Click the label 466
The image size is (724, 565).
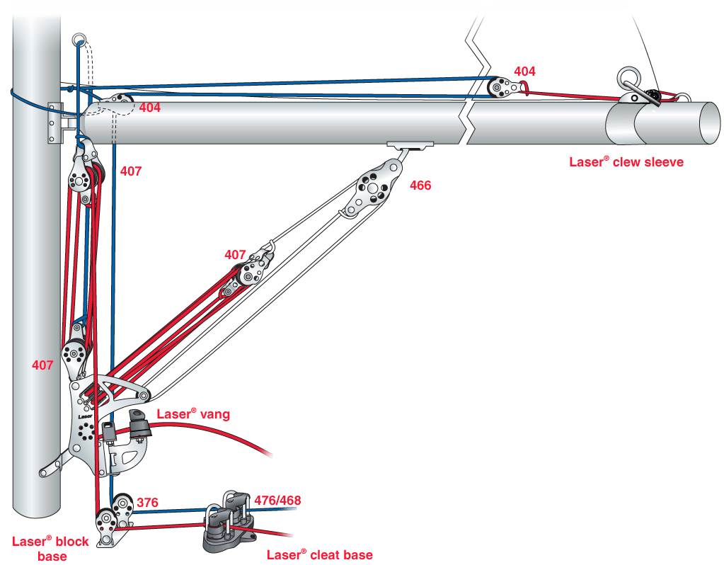[x=420, y=186]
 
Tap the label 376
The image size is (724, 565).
[x=147, y=503]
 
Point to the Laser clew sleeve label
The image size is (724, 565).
[x=626, y=161]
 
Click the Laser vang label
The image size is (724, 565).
[x=193, y=414]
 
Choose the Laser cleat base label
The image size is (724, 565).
[x=319, y=554]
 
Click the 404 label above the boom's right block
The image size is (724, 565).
[x=524, y=72]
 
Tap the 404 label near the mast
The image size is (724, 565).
[x=149, y=108]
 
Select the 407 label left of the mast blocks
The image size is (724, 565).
[x=43, y=365]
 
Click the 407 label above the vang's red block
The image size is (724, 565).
[x=235, y=254]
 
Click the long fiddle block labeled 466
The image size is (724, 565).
[x=371, y=188]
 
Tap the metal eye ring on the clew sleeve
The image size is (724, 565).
[x=628, y=77]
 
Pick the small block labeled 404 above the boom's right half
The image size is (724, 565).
[x=501, y=87]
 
